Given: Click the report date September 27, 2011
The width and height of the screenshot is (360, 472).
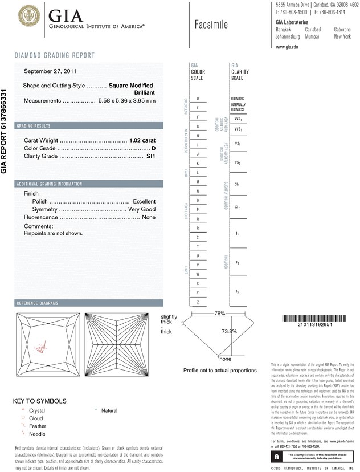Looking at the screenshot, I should point(51,71).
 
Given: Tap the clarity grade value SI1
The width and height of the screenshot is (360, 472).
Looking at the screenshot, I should point(151,156).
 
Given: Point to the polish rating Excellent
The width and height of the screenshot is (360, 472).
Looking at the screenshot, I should point(144,202).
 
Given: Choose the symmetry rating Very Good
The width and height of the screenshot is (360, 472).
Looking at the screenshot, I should point(141,210).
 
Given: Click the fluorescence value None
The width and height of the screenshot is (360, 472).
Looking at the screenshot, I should point(149,218).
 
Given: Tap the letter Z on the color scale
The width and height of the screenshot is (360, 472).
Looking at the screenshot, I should point(197,302).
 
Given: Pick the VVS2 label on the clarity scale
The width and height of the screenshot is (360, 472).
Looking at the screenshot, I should point(238,130).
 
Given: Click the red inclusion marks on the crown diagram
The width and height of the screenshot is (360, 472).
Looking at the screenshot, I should point(41,347).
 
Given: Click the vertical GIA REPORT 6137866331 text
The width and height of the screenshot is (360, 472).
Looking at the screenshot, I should point(5,132).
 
